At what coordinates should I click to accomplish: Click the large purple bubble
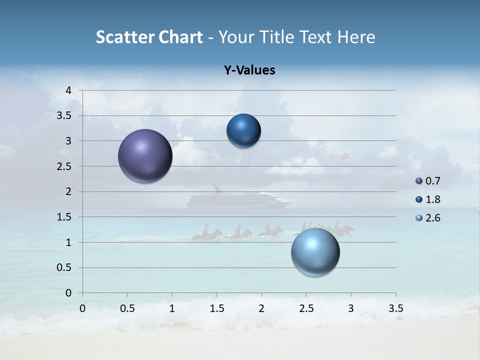pyautogui.click(x=145, y=156)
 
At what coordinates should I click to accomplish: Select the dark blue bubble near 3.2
pyautogui.click(x=243, y=130)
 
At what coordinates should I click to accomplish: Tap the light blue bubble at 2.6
pyautogui.click(x=315, y=252)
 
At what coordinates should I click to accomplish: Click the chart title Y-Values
pyautogui.click(x=249, y=70)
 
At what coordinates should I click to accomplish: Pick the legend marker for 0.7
pyautogui.click(x=419, y=181)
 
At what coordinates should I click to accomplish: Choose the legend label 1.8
pyautogui.click(x=433, y=199)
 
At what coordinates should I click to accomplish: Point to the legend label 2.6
pyautogui.click(x=433, y=218)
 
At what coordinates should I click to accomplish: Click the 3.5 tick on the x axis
pyautogui.click(x=395, y=308)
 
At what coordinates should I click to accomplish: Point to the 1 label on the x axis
pyautogui.click(x=172, y=308)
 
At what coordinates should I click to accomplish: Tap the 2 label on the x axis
pyautogui.click(x=261, y=308)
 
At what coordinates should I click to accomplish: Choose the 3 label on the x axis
pyautogui.click(x=351, y=308)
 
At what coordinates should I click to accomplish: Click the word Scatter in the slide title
pyautogui.click(x=122, y=37)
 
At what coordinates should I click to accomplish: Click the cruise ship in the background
pyautogui.click(x=238, y=199)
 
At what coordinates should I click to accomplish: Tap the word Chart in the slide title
pyautogui.click(x=180, y=37)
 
